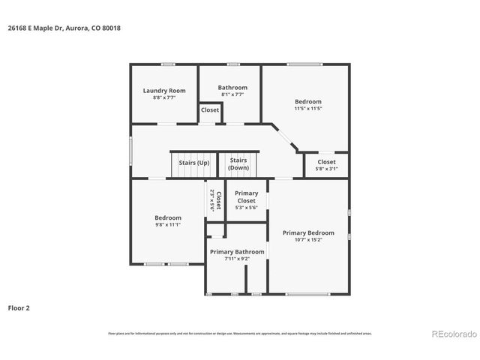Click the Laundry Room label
164,91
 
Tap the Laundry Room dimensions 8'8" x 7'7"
164,97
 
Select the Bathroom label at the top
232,88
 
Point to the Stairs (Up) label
193,163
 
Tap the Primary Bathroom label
237,252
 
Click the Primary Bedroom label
308,232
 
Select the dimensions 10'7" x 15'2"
308,240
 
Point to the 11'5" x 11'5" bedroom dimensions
307,109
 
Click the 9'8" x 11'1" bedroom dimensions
168,224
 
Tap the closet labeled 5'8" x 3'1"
326,169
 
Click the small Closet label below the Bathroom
210,110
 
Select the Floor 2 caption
19,307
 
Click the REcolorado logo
452,333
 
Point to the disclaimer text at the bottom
239,333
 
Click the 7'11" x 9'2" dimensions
237,259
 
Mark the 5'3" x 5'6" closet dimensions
246,208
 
